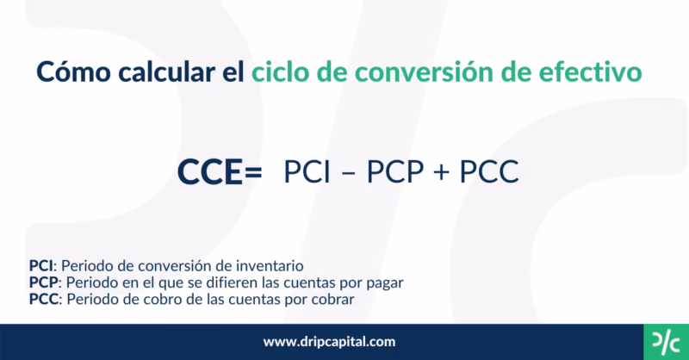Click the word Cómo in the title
click(x=68, y=71)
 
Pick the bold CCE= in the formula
click(x=220, y=173)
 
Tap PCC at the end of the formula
click(x=488, y=173)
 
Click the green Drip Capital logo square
click(x=666, y=340)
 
